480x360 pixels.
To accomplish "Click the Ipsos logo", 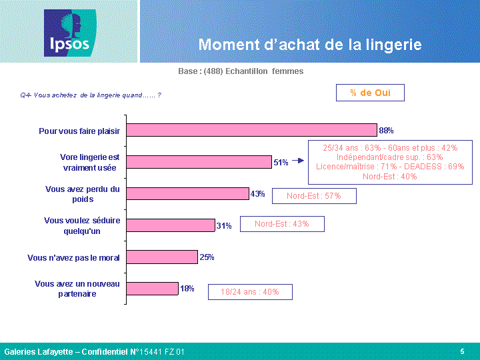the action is pyautogui.click(x=70, y=33).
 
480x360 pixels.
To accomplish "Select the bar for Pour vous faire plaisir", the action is pyautogui.click(x=251, y=130).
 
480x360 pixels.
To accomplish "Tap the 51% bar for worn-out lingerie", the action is pyautogui.click(x=199, y=162).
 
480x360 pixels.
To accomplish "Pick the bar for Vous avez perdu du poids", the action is pyautogui.click(x=187, y=193).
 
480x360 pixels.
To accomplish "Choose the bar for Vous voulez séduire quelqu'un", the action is pyautogui.click(x=171, y=225).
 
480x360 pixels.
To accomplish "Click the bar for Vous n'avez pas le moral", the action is pyautogui.click(x=162, y=257).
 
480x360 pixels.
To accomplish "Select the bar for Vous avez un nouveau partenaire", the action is pyautogui.click(x=152, y=289).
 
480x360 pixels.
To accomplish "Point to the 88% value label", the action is pyautogui.click(x=386, y=131).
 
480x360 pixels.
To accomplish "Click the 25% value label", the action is pyautogui.click(x=207, y=257).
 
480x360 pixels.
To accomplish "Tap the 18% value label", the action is pyautogui.click(x=187, y=289).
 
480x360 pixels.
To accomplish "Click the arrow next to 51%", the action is pyautogui.click(x=298, y=161).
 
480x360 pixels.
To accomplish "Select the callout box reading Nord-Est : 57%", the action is pyautogui.click(x=314, y=196).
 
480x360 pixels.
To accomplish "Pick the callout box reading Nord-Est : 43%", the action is pyautogui.click(x=282, y=224).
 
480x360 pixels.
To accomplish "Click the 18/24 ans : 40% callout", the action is pyautogui.click(x=250, y=292).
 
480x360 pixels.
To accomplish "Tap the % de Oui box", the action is pyautogui.click(x=370, y=93).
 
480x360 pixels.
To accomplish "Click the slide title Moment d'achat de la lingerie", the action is pyautogui.click(x=310, y=45).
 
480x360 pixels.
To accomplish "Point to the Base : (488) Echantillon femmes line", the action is pyautogui.click(x=241, y=71).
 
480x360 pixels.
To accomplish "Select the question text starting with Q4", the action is pyautogui.click(x=91, y=95).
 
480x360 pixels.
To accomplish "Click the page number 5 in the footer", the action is pyautogui.click(x=462, y=351).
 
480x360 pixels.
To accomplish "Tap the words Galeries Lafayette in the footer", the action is pyautogui.click(x=39, y=352).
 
